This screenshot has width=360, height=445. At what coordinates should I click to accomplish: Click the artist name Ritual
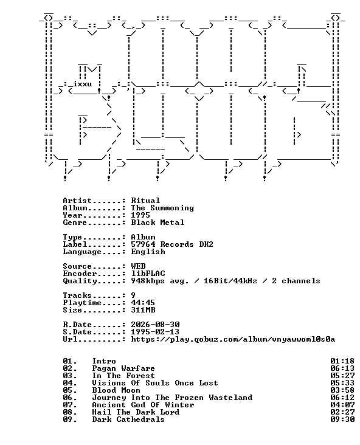click(x=145, y=201)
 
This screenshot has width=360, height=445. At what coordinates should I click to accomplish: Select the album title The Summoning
click(x=162, y=208)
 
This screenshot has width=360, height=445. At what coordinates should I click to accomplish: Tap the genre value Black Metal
click(x=157, y=222)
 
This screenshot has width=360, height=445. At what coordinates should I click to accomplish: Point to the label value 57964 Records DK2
click(x=172, y=244)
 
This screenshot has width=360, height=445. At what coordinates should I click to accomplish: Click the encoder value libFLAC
click(x=148, y=274)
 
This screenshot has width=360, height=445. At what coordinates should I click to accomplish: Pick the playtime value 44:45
click(x=143, y=303)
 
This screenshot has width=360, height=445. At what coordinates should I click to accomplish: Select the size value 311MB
click(x=143, y=310)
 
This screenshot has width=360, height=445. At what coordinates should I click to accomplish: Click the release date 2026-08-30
click(x=155, y=325)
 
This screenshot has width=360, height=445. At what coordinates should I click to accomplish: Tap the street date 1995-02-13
click(x=155, y=332)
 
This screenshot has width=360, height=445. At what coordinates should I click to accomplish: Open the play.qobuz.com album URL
click(x=233, y=339)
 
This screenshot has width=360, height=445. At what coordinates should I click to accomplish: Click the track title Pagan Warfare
click(x=123, y=368)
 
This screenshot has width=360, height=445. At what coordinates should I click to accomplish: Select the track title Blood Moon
click(x=116, y=390)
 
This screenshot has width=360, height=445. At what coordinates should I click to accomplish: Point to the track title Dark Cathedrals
click(x=128, y=419)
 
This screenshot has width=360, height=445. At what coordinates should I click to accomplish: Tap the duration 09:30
click(x=342, y=419)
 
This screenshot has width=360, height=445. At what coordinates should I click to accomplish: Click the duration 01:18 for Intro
click(x=342, y=361)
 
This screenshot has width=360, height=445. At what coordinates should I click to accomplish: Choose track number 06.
click(x=70, y=398)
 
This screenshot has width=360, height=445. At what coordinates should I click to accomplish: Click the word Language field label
click(x=82, y=252)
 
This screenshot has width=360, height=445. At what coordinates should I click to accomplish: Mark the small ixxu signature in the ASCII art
click(x=83, y=85)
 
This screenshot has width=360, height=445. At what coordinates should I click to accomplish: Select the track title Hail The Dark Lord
click(x=136, y=412)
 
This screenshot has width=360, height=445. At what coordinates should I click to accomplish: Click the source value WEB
click(x=138, y=266)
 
